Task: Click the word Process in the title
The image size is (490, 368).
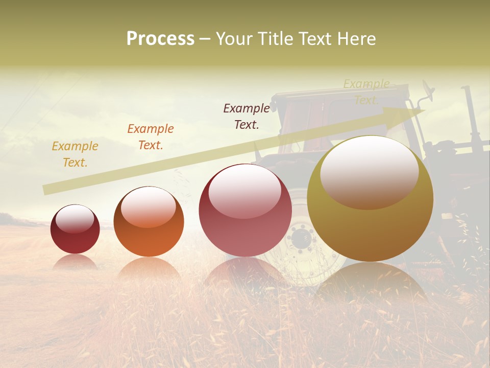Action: point(160,39)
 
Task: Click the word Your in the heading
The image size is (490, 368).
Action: point(235,39)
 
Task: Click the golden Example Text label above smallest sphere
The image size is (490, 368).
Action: point(75,154)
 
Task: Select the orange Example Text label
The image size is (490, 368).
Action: point(151,136)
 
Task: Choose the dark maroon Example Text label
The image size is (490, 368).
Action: point(247,116)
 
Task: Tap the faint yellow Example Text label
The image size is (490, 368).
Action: point(366,91)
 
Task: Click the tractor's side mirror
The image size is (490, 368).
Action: point(428,93)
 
